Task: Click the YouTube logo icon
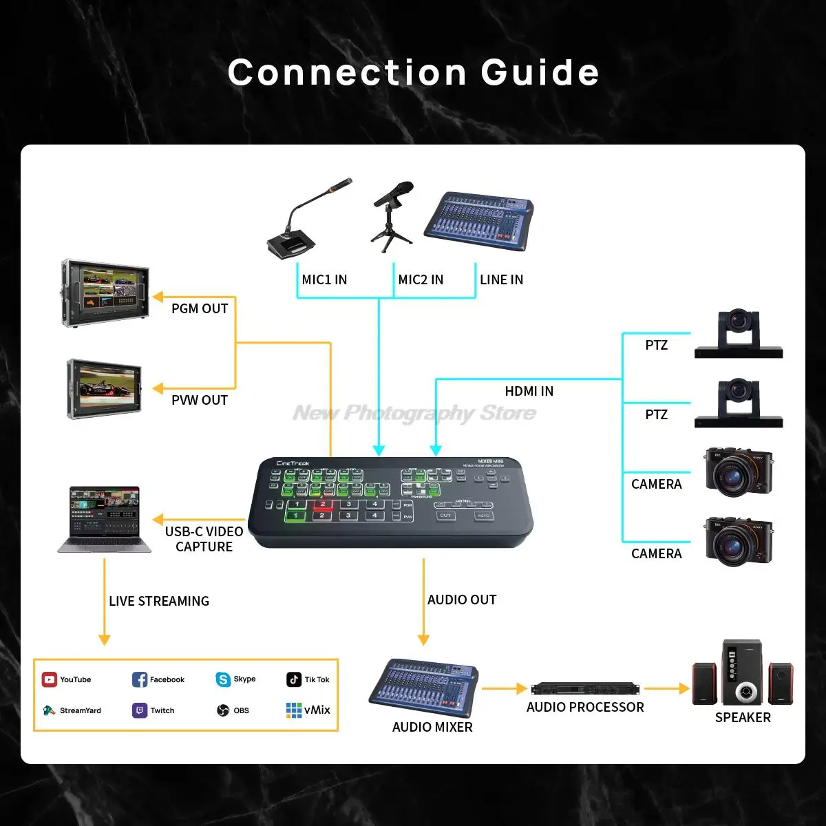[49, 680]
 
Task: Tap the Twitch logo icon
[140, 710]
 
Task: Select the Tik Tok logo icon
[294, 679]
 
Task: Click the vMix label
[317, 710]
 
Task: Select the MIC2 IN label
[421, 279]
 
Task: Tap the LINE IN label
[501, 279]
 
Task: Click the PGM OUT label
[200, 308]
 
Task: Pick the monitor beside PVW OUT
[105, 389]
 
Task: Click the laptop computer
[104, 520]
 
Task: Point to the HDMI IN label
[529, 391]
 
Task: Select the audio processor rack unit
[585, 688]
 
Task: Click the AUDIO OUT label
[462, 600]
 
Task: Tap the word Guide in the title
[540, 72]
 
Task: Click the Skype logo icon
[223, 679]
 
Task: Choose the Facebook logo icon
[140, 680]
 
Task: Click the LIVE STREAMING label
[159, 601]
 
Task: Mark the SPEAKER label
[743, 717]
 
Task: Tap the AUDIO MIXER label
[432, 727]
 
